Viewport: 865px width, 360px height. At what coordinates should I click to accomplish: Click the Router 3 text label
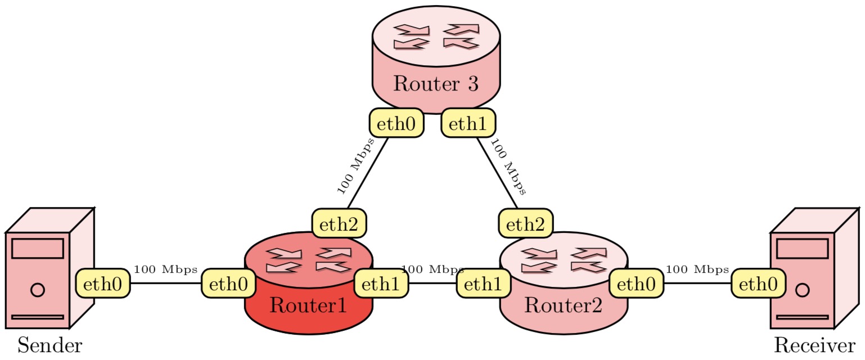coord(435,83)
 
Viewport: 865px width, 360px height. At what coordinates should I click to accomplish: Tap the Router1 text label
coord(308,305)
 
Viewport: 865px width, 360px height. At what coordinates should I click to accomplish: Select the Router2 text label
coord(564,305)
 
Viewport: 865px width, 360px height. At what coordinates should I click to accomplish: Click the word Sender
coord(50,345)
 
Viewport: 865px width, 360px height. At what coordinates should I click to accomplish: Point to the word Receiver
coord(815,345)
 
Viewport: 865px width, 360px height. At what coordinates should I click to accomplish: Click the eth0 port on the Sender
coord(103,283)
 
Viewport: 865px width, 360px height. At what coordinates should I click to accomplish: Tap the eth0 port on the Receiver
coord(758,283)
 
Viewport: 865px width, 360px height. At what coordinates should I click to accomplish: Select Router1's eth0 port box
coord(228,283)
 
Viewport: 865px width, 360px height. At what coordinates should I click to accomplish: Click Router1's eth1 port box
coord(381,283)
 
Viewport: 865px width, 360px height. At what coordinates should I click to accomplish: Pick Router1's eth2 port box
coord(339,223)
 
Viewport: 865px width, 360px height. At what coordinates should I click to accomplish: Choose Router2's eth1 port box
coord(484,283)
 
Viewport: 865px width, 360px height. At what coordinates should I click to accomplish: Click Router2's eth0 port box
coord(637,283)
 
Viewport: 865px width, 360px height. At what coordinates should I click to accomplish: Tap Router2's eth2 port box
coord(525,223)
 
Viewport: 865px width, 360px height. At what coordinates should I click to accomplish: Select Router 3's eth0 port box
coord(397,123)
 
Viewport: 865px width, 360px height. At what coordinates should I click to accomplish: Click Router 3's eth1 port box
coord(468,123)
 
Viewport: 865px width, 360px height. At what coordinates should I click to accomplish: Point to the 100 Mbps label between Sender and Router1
coord(166,269)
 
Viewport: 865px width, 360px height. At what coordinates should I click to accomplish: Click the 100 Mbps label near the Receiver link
coord(697,269)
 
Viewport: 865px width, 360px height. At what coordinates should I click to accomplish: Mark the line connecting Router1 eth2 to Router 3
coord(368,173)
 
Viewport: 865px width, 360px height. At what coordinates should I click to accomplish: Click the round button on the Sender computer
coord(38,290)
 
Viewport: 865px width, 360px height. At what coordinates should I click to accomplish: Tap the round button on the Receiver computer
coord(802,290)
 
